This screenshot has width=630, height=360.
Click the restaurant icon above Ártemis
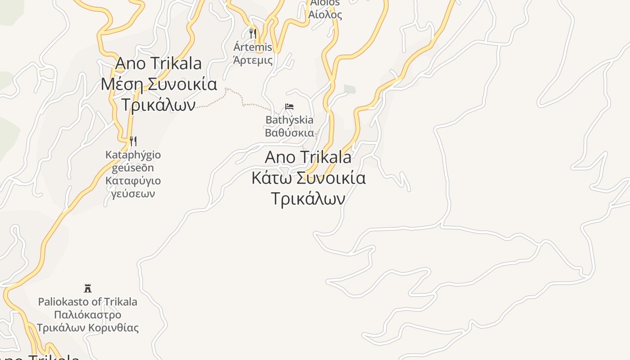tap(253, 33)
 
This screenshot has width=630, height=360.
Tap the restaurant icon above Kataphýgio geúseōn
tap(133, 141)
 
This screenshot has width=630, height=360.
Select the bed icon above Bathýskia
tap(289, 107)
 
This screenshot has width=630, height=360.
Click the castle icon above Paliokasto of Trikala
tap(88, 288)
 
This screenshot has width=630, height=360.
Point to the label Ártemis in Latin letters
tap(253, 47)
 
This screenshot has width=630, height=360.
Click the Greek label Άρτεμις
tap(253, 60)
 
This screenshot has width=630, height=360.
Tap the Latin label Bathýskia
tap(289, 120)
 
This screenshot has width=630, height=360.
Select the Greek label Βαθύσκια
tap(289, 133)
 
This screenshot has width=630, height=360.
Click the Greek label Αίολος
tap(325, 14)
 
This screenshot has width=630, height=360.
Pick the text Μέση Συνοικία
tap(159, 84)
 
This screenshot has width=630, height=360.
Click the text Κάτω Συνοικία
tap(309, 178)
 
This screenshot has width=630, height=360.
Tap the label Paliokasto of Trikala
tap(88, 301)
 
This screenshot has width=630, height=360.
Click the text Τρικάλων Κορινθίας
tap(88, 328)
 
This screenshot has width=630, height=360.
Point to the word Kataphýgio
tap(133, 155)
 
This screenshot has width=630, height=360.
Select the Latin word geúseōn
tap(133, 168)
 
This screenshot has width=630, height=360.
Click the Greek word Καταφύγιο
tap(133, 181)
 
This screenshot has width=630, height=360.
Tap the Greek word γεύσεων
tap(133, 194)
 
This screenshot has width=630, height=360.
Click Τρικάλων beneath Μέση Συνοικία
tap(159, 105)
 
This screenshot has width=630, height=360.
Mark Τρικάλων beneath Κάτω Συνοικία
tap(309, 198)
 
